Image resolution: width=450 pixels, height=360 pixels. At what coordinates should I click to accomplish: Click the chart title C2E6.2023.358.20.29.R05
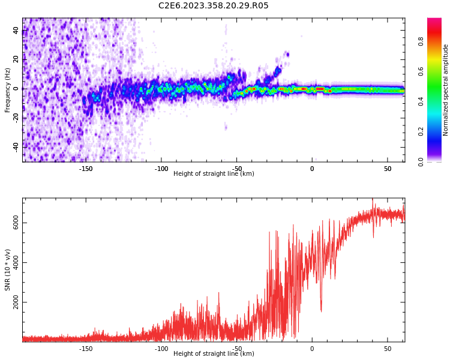[x=213, y=6]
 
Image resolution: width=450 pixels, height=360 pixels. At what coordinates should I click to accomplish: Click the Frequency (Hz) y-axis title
[x=8, y=90]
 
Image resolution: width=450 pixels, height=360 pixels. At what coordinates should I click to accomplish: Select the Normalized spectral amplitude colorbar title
[x=446, y=90]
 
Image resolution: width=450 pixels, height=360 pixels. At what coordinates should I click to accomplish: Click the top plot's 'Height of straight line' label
[x=213, y=174]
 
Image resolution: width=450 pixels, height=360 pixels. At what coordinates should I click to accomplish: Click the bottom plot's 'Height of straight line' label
[x=213, y=354]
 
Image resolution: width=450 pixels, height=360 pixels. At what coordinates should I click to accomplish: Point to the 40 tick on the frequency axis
[x=16, y=31]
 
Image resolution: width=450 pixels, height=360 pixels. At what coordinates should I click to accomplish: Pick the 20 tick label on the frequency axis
[x=16, y=59]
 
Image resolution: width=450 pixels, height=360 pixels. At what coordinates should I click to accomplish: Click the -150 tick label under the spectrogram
[x=86, y=168]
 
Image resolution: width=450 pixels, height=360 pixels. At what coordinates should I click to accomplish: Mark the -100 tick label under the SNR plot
[x=161, y=349]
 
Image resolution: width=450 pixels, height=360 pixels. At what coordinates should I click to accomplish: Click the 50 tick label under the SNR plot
[x=388, y=349]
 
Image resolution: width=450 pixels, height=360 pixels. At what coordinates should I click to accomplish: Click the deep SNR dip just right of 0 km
[x=321, y=310]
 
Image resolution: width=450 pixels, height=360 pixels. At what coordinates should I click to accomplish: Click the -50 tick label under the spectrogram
[x=237, y=168]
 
